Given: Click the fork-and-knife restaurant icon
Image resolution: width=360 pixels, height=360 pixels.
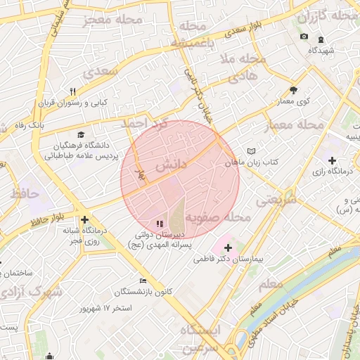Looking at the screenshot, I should (x=72, y=91).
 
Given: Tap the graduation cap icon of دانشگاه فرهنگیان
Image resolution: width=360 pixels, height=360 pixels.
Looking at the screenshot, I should (x=80, y=134).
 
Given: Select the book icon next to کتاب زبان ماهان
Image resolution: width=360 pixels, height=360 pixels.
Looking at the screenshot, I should (x=252, y=151).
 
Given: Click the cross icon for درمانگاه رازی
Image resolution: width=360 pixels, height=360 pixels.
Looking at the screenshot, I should (x=332, y=160).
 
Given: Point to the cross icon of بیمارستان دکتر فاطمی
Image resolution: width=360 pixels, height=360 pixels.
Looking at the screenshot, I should (x=228, y=247).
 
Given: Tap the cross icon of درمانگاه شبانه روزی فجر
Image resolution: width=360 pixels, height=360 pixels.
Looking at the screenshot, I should (x=85, y=219).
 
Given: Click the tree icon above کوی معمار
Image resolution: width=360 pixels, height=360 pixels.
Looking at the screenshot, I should (x=293, y=90).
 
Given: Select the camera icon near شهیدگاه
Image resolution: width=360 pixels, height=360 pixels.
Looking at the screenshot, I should (x=304, y=37).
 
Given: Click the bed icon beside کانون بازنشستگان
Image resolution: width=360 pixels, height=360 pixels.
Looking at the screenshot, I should (x=144, y=281).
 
